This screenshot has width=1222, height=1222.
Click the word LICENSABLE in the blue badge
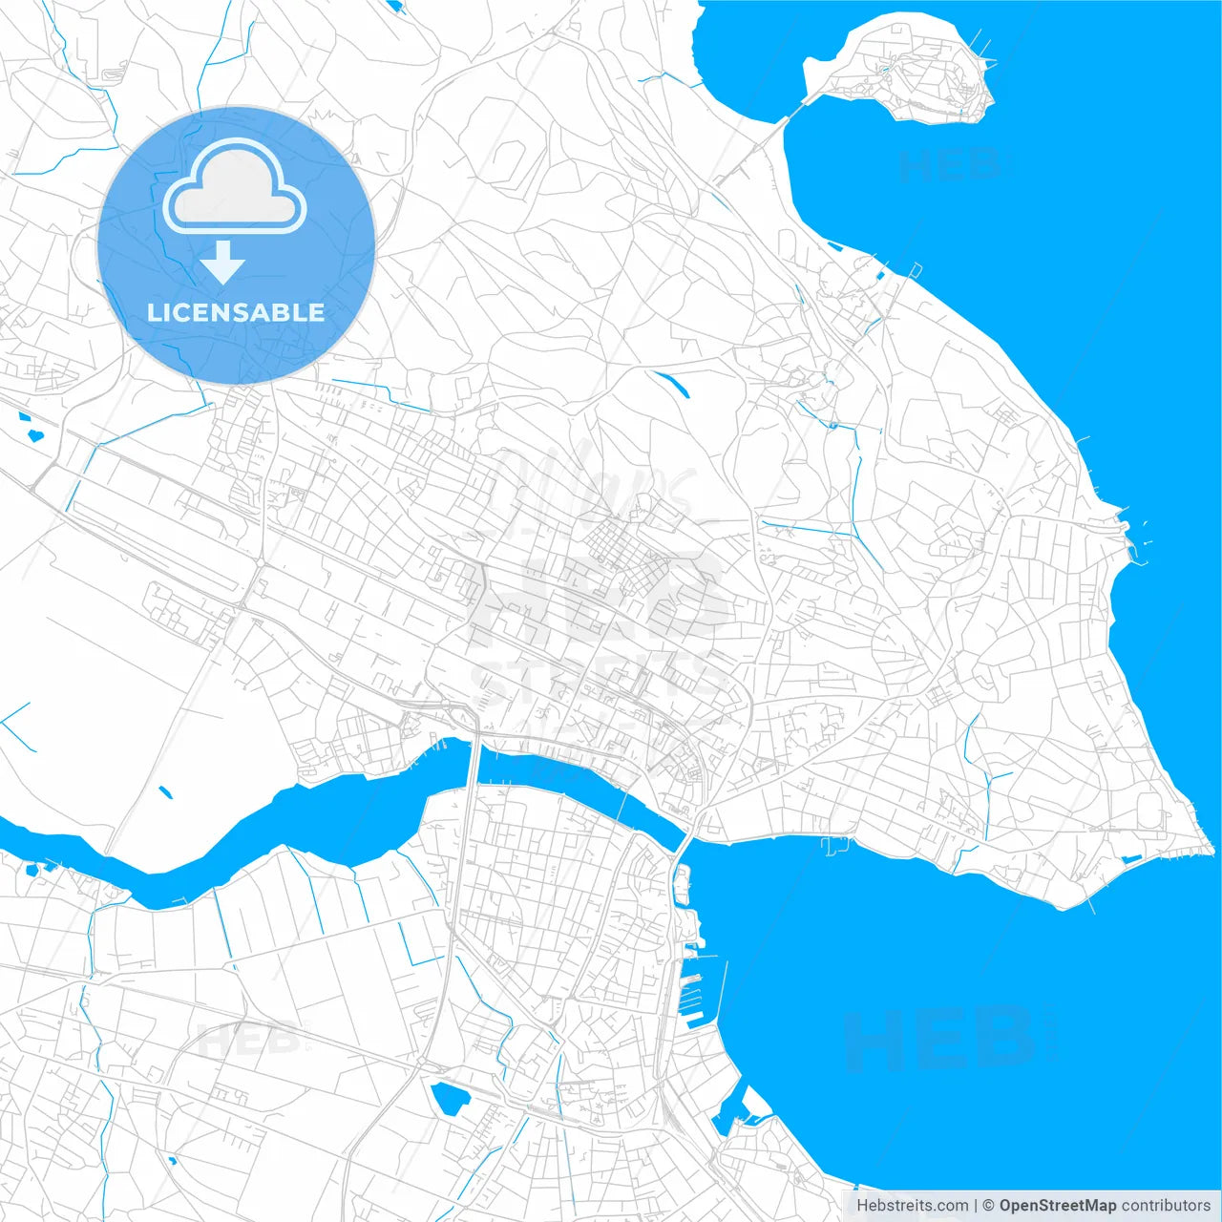[236, 312]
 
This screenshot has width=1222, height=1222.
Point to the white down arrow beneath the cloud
[223, 262]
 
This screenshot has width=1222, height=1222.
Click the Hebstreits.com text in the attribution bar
[912, 1206]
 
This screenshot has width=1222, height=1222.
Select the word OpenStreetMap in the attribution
[1057, 1206]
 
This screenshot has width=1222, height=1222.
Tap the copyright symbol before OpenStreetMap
[988, 1206]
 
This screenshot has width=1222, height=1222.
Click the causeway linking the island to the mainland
[764, 143]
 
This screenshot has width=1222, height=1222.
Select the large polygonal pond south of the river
[449, 1098]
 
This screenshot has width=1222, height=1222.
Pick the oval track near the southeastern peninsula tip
[1148, 811]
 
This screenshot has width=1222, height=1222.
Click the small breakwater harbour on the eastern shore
[1136, 544]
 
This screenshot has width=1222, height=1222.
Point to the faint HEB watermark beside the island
[950, 165]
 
